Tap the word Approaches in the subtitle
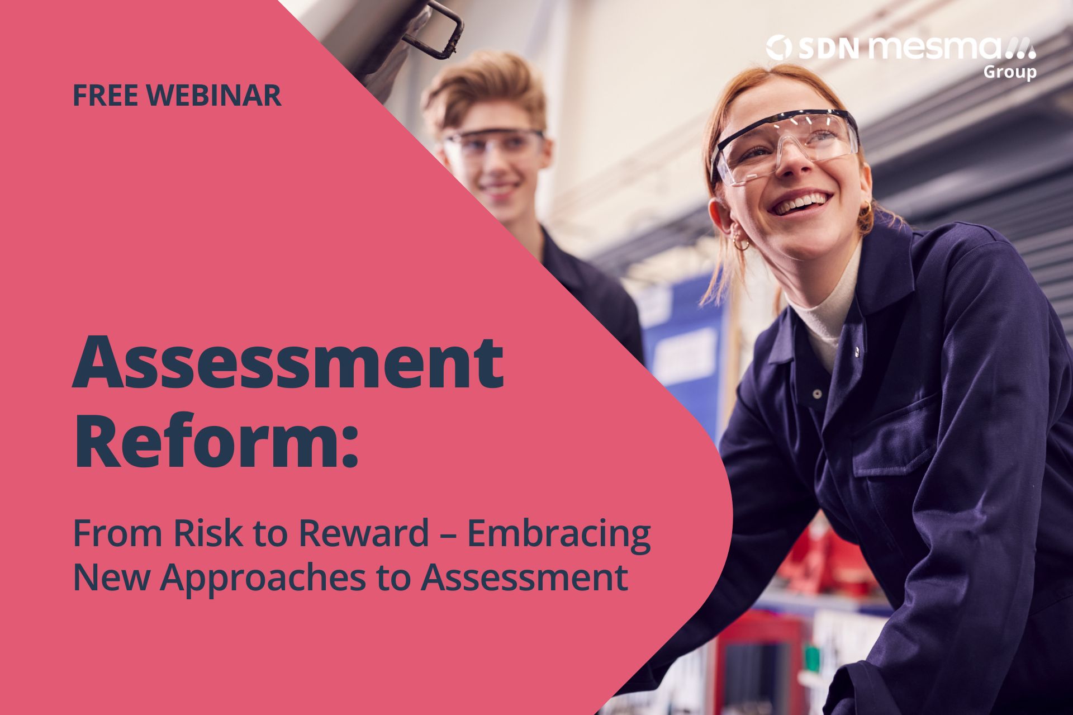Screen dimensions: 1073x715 click(262, 579)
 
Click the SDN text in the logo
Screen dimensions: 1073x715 click(828, 49)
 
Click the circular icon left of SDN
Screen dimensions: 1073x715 click(779, 48)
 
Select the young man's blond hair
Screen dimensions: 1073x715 click(483, 89)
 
